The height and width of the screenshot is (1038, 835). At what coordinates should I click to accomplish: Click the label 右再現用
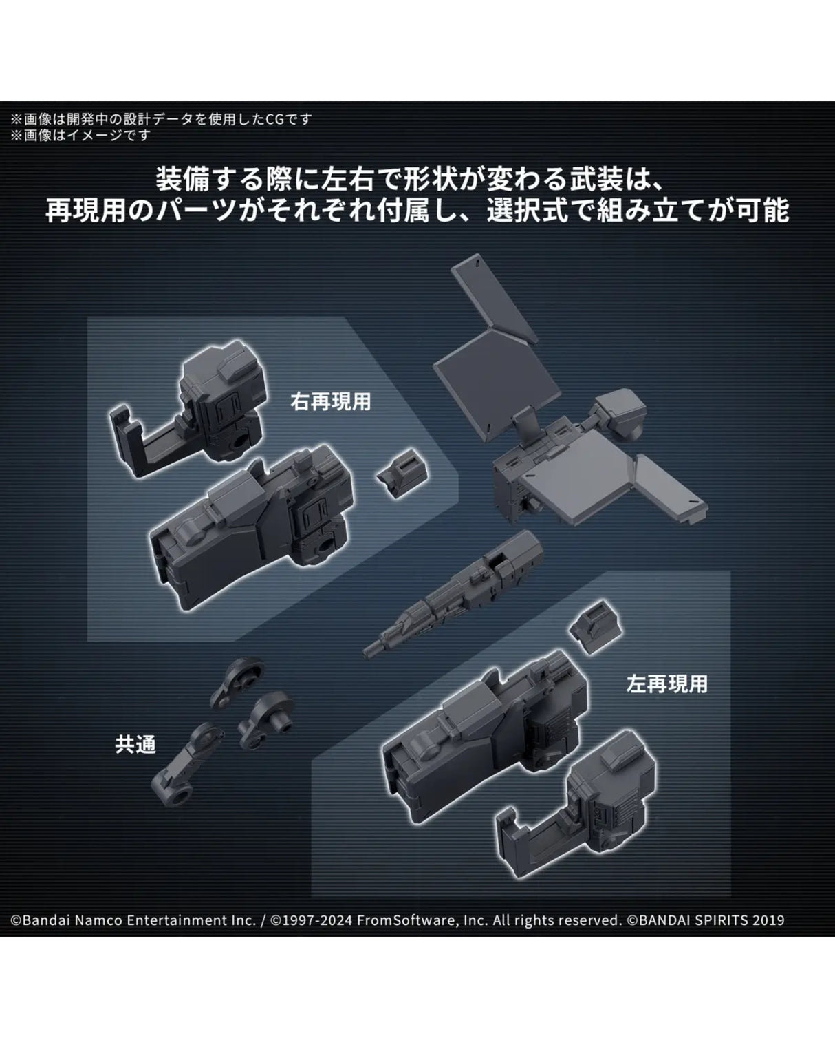tap(331, 402)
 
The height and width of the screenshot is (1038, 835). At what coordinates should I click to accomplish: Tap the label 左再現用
tap(666, 684)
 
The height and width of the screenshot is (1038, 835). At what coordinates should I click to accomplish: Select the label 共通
tap(135, 744)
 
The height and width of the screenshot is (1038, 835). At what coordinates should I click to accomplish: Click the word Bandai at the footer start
tap(44, 921)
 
